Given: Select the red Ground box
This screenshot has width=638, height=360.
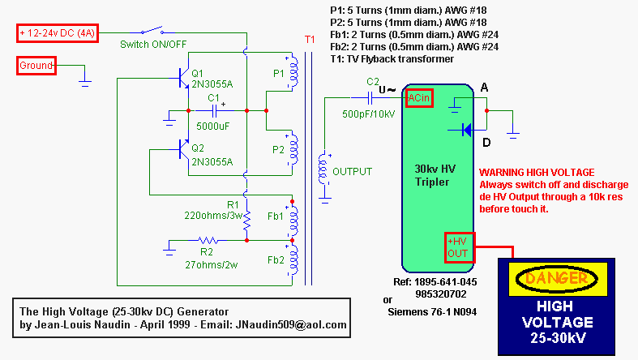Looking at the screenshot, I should (x=36, y=66).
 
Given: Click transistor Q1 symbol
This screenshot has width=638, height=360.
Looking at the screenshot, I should (x=186, y=78).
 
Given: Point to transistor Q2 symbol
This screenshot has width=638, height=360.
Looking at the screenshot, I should (x=186, y=149).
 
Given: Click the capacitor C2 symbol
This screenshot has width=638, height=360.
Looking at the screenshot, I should (x=373, y=98).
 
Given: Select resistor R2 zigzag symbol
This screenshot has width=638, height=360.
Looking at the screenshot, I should (x=208, y=240).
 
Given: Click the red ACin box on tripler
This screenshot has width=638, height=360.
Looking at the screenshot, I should (x=420, y=98).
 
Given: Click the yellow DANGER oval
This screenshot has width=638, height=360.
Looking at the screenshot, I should (x=567, y=279).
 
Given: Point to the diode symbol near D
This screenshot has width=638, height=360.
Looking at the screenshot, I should (x=465, y=128).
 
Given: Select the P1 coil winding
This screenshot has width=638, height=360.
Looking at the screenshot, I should (x=293, y=75).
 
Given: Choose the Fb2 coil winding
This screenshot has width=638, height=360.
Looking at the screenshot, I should (x=293, y=262).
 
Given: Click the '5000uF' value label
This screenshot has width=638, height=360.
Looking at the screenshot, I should (x=213, y=126).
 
